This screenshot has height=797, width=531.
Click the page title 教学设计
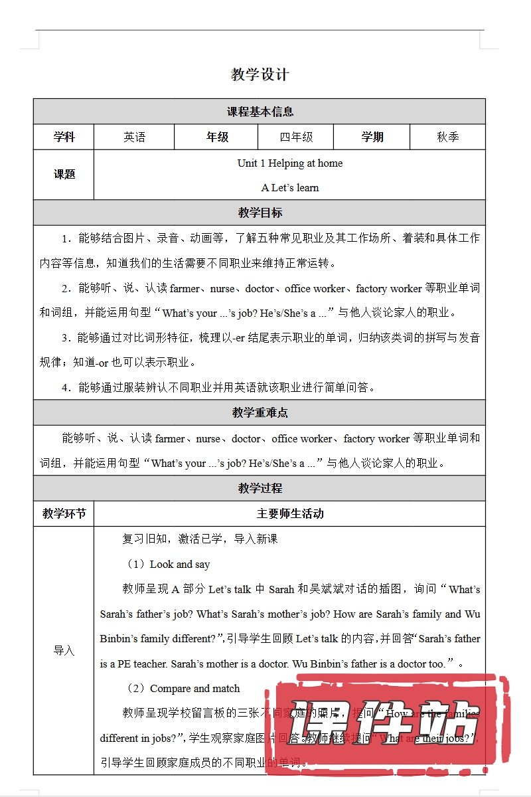tap(260, 74)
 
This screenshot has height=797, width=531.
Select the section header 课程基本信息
tap(260, 112)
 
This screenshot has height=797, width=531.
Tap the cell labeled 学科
tap(64, 137)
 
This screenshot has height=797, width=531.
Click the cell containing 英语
tap(134, 137)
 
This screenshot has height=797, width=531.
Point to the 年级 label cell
tap(216, 137)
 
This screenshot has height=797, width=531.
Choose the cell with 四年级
tap(295, 137)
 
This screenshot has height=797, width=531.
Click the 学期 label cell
tap(372, 137)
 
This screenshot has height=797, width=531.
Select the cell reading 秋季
tap(447, 137)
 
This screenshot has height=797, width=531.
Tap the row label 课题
tap(64, 175)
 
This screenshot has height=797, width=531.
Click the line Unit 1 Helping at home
tap(290, 163)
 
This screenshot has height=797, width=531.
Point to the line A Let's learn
tap(290, 187)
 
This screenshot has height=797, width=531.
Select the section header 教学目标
tap(260, 213)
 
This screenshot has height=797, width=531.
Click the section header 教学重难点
tap(260, 412)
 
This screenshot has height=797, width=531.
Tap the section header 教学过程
tap(260, 488)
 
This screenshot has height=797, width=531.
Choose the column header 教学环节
tap(64, 513)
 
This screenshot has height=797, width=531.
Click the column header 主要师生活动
tap(290, 513)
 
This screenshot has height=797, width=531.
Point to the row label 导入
tap(64, 651)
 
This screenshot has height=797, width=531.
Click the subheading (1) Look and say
tap(169, 564)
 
